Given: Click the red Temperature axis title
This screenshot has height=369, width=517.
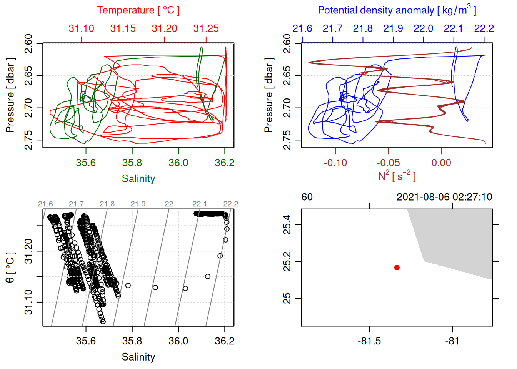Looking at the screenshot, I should click(x=138, y=10).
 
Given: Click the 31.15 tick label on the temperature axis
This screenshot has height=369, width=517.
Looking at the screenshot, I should click(x=123, y=28).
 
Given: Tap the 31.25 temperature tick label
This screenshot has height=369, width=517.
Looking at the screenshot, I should click(x=206, y=28).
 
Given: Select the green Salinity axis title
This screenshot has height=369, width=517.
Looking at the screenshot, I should click(x=138, y=179).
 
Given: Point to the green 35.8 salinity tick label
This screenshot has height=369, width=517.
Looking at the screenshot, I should click(x=132, y=163).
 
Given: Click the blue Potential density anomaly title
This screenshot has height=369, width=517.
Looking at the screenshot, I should click(x=397, y=10).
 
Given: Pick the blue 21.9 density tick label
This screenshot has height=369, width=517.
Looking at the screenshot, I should click(x=393, y=28).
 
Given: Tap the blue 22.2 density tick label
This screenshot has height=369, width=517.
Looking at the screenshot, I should click(x=484, y=28).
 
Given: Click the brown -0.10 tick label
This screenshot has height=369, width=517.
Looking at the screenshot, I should click(x=335, y=163).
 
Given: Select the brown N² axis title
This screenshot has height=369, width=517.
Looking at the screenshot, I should click(x=397, y=176).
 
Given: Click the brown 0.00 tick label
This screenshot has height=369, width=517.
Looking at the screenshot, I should click(x=441, y=163).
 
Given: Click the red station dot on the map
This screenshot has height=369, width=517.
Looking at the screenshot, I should click(x=397, y=268).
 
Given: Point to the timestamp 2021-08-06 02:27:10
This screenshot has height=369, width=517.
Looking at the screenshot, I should click(x=444, y=197).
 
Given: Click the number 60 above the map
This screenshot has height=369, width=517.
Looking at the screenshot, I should click(x=307, y=197).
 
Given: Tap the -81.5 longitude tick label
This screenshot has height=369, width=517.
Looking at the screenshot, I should click(x=369, y=341).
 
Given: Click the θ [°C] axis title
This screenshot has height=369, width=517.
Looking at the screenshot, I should click(x=10, y=268).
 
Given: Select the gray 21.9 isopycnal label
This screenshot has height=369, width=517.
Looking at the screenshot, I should click(x=138, y=204).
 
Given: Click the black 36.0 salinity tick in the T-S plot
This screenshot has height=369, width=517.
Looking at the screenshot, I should click(x=178, y=341).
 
